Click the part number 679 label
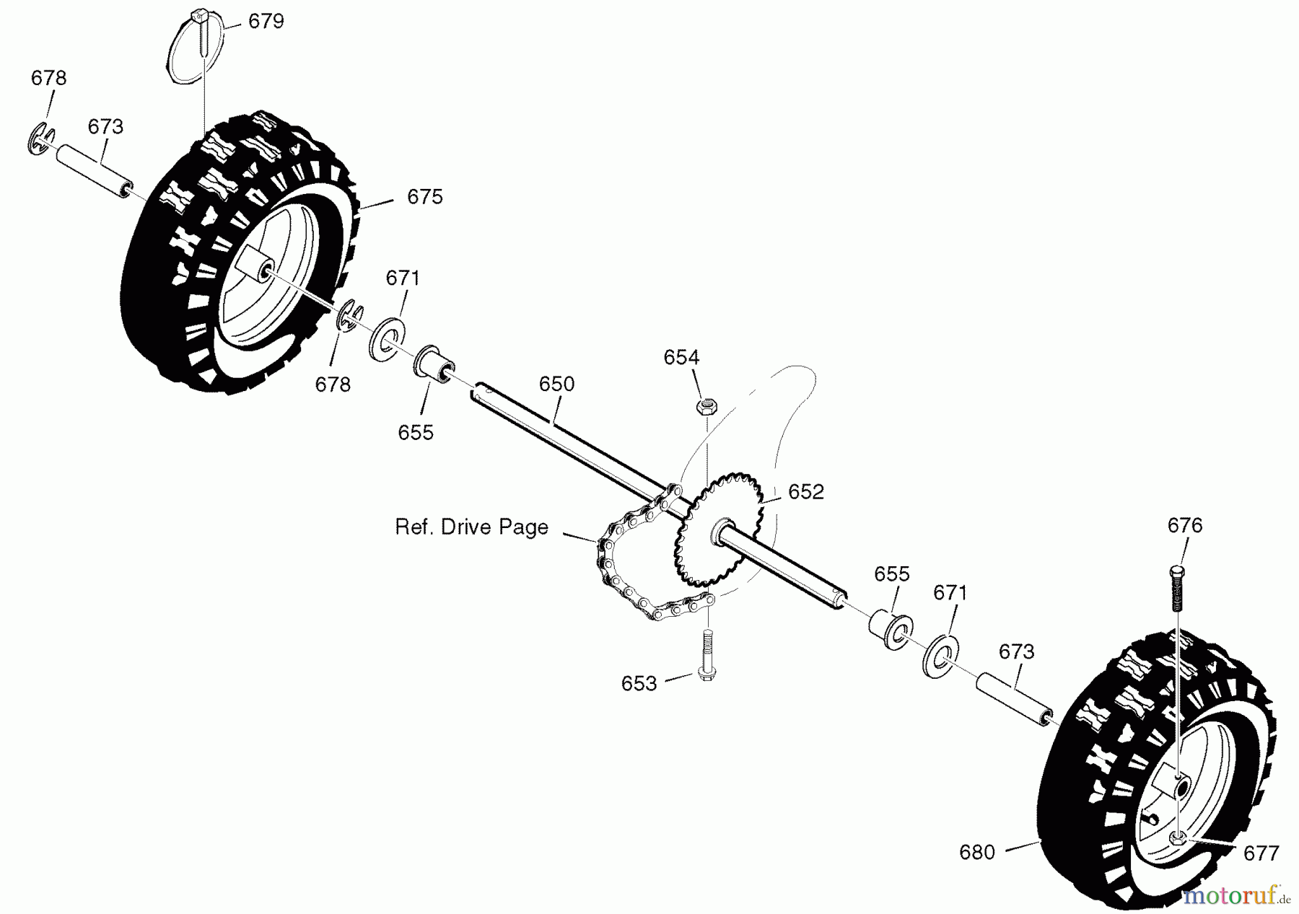[x=266, y=22]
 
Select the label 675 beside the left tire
[x=424, y=197]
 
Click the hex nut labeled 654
[x=705, y=407]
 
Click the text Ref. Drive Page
[x=471, y=527]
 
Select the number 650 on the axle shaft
[x=556, y=385]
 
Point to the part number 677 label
[x=1261, y=853]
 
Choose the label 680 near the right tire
[x=977, y=853]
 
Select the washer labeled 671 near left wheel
[x=388, y=337]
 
